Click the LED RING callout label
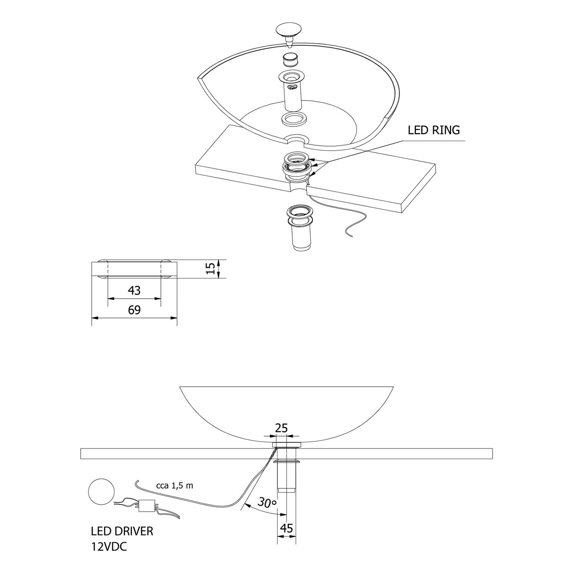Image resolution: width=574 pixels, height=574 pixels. [x=434, y=130]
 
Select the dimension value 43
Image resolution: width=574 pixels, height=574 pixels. [x=134, y=290]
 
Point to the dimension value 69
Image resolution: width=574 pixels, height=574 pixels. [x=134, y=310]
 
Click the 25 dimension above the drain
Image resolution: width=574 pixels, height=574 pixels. [x=281, y=428]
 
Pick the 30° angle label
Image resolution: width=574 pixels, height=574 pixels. [x=267, y=502]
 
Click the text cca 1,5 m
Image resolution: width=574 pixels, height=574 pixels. [x=174, y=486]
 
